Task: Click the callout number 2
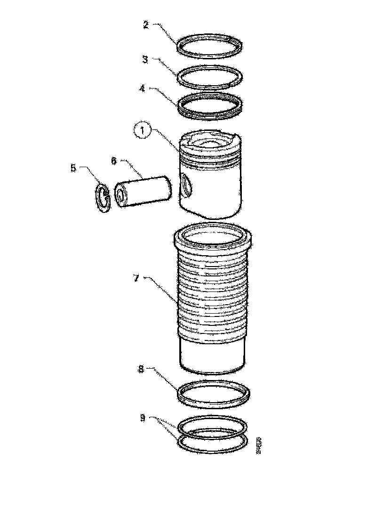coord(145,25)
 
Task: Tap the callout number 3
coord(145,59)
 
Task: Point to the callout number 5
coord(73,168)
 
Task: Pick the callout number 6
coord(114,161)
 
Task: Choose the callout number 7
coord(136,278)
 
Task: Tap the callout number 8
coord(141,370)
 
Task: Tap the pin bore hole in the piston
coord(186,185)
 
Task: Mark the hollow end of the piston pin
coord(121,196)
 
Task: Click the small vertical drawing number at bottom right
coord(258,445)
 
